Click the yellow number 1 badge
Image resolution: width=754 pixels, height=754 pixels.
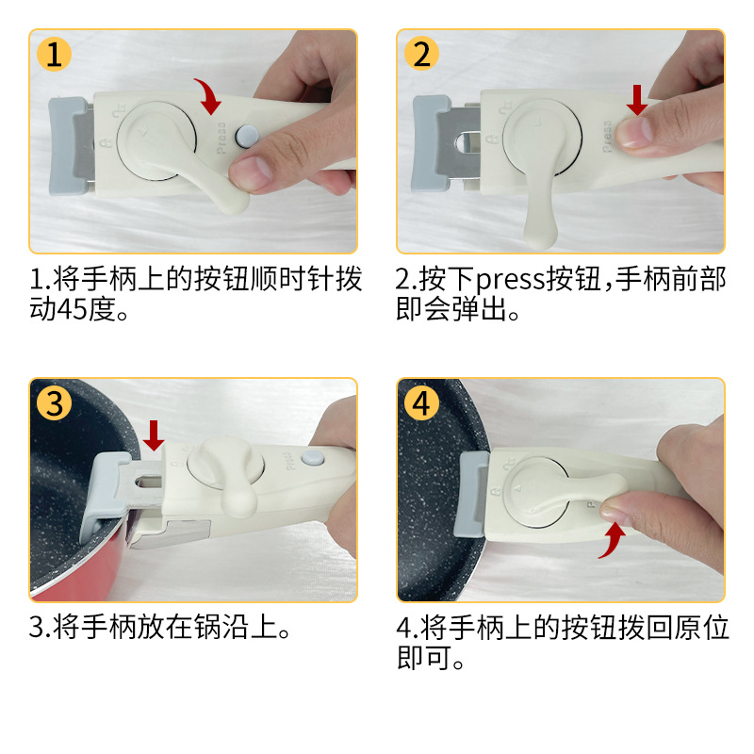coord(54,54)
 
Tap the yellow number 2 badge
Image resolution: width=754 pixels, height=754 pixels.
coord(421,54)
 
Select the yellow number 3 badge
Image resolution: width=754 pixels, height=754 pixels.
coord(54,403)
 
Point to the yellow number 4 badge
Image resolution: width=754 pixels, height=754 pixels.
coord(421,403)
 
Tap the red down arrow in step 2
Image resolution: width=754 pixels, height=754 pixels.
coord(637,100)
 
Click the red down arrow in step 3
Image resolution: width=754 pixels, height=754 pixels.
coord(154,435)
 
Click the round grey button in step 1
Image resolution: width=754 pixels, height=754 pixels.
coord(247,136)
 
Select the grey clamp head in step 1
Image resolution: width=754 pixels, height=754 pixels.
coord(67,146)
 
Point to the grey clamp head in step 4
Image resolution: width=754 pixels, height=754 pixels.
coord(472,495)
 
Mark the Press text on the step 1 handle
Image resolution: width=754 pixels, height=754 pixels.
coord(221,138)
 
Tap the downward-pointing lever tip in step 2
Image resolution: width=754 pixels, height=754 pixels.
coord(539,236)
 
